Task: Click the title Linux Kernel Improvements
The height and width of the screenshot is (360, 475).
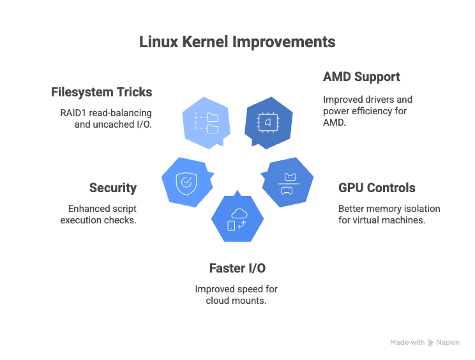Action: pyautogui.click(x=237, y=42)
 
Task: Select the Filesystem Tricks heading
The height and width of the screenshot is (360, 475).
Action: pyautogui.click(x=102, y=92)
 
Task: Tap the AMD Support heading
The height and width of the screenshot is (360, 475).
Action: pyautogui.click(x=361, y=77)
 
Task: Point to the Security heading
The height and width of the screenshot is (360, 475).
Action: pyautogui.click(x=113, y=188)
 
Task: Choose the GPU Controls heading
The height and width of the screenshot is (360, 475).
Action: pyautogui.click(x=377, y=188)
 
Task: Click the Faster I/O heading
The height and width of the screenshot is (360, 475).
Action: pyautogui.click(x=237, y=268)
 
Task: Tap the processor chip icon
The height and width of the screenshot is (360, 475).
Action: pyautogui.click(x=268, y=121)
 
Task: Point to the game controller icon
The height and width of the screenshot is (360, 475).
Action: pyautogui.click(x=287, y=190)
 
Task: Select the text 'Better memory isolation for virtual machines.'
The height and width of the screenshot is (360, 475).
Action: pyautogui.click(x=389, y=214)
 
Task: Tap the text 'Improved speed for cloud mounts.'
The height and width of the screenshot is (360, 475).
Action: pyautogui.click(x=236, y=294)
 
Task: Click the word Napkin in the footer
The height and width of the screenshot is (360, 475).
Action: pyautogui.click(x=448, y=343)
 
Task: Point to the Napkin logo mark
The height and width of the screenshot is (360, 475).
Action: pyautogui.click(x=431, y=343)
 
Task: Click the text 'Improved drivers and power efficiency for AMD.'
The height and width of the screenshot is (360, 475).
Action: pyautogui.click(x=367, y=111)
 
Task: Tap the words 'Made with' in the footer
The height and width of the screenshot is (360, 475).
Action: pyautogui.click(x=407, y=343)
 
